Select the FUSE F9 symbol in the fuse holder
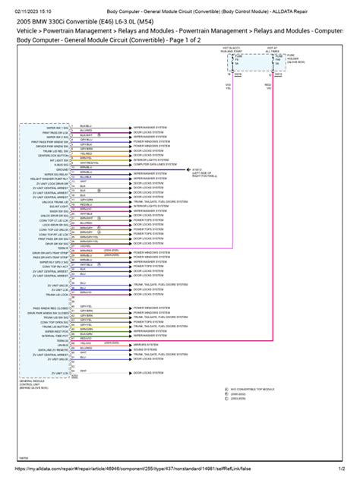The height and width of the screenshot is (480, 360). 232,79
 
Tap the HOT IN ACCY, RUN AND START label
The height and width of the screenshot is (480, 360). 231,68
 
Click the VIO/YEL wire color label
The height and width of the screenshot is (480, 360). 228,108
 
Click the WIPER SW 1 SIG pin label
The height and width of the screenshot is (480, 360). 54,126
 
